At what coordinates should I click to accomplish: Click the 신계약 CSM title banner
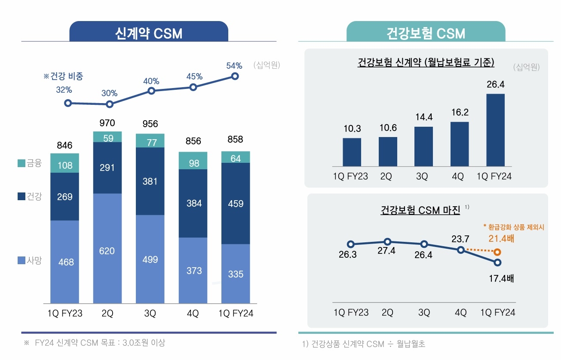tap(149, 33)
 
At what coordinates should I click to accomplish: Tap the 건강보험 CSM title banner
tap(426, 33)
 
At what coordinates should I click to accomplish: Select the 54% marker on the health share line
tap(235, 76)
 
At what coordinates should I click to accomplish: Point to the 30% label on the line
tap(109, 93)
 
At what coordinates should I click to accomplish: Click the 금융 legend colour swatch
tap(21, 163)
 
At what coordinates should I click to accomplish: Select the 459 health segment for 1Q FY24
tap(236, 203)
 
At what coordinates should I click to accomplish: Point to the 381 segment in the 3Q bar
tap(150, 181)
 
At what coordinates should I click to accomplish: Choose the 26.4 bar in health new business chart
tap(495, 130)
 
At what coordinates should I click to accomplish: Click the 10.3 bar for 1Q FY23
tap(352, 152)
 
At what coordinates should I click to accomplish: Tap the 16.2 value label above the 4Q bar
tap(460, 113)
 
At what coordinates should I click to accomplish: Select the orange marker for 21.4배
tap(498, 252)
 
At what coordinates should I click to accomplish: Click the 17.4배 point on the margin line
tap(498, 262)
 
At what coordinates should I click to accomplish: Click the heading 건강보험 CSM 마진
tap(420, 210)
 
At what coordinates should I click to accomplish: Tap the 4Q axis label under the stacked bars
tap(193, 314)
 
